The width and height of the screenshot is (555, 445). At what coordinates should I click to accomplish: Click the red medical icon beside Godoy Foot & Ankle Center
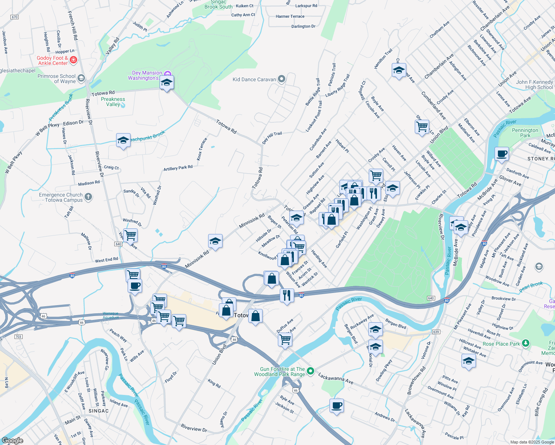(x=73, y=60)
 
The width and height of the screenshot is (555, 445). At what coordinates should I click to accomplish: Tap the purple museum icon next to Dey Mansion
(x=168, y=73)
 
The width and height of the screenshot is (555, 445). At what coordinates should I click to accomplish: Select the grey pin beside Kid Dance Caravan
(x=282, y=79)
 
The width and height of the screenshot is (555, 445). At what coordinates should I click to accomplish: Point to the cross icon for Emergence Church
(x=88, y=197)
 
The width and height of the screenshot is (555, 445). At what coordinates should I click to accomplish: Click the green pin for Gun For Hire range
(x=311, y=371)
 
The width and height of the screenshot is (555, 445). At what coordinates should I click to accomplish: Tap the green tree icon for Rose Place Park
(x=525, y=343)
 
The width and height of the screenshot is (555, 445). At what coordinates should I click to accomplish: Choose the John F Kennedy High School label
(x=534, y=85)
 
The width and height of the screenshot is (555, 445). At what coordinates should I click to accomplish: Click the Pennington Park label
(x=525, y=133)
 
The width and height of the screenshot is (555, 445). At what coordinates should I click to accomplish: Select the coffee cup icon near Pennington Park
(x=502, y=154)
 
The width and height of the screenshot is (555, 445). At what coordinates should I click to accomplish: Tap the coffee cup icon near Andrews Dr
(x=336, y=405)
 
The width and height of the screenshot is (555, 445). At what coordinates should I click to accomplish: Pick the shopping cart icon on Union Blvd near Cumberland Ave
(x=422, y=127)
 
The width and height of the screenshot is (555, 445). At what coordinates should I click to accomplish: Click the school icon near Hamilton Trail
(x=399, y=70)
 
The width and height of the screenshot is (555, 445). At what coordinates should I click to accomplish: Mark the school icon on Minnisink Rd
(x=215, y=241)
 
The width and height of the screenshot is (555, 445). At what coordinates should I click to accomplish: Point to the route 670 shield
(x=14, y=17)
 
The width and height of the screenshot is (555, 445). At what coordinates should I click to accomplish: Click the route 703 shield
(x=19, y=337)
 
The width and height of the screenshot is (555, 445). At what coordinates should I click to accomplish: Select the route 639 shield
(x=436, y=332)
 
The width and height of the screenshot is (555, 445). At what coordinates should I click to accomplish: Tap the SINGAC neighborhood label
(x=99, y=411)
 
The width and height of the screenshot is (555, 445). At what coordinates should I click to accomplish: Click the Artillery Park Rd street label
(x=178, y=168)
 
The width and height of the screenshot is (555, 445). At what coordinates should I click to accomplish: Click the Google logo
(x=13, y=440)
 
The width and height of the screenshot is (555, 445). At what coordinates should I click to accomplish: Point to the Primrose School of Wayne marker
(x=81, y=78)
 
